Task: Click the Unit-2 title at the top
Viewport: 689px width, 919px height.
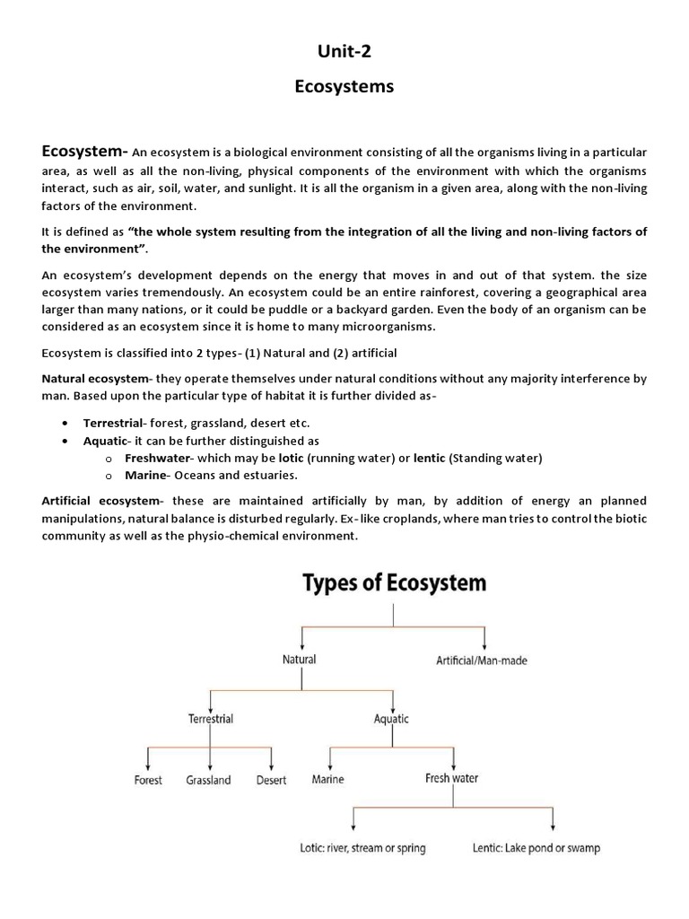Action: point(344,52)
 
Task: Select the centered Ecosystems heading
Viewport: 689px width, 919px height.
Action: point(344,87)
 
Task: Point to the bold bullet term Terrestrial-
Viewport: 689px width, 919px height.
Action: point(117,422)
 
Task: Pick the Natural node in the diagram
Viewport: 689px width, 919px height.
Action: point(299,659)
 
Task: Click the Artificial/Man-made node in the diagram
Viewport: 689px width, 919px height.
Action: point(482,661)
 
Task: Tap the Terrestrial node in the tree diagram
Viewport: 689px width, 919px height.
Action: point(210,719)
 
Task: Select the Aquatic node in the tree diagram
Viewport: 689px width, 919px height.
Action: point(391,719)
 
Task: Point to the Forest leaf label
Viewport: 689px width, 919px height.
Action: point(148,780)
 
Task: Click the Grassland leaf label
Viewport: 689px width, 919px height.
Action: point(209,780)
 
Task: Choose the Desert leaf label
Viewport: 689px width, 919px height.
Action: point(271,780)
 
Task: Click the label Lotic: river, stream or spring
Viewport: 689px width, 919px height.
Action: point(362,847)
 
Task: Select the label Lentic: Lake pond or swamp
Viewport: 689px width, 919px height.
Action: point(536,847)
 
